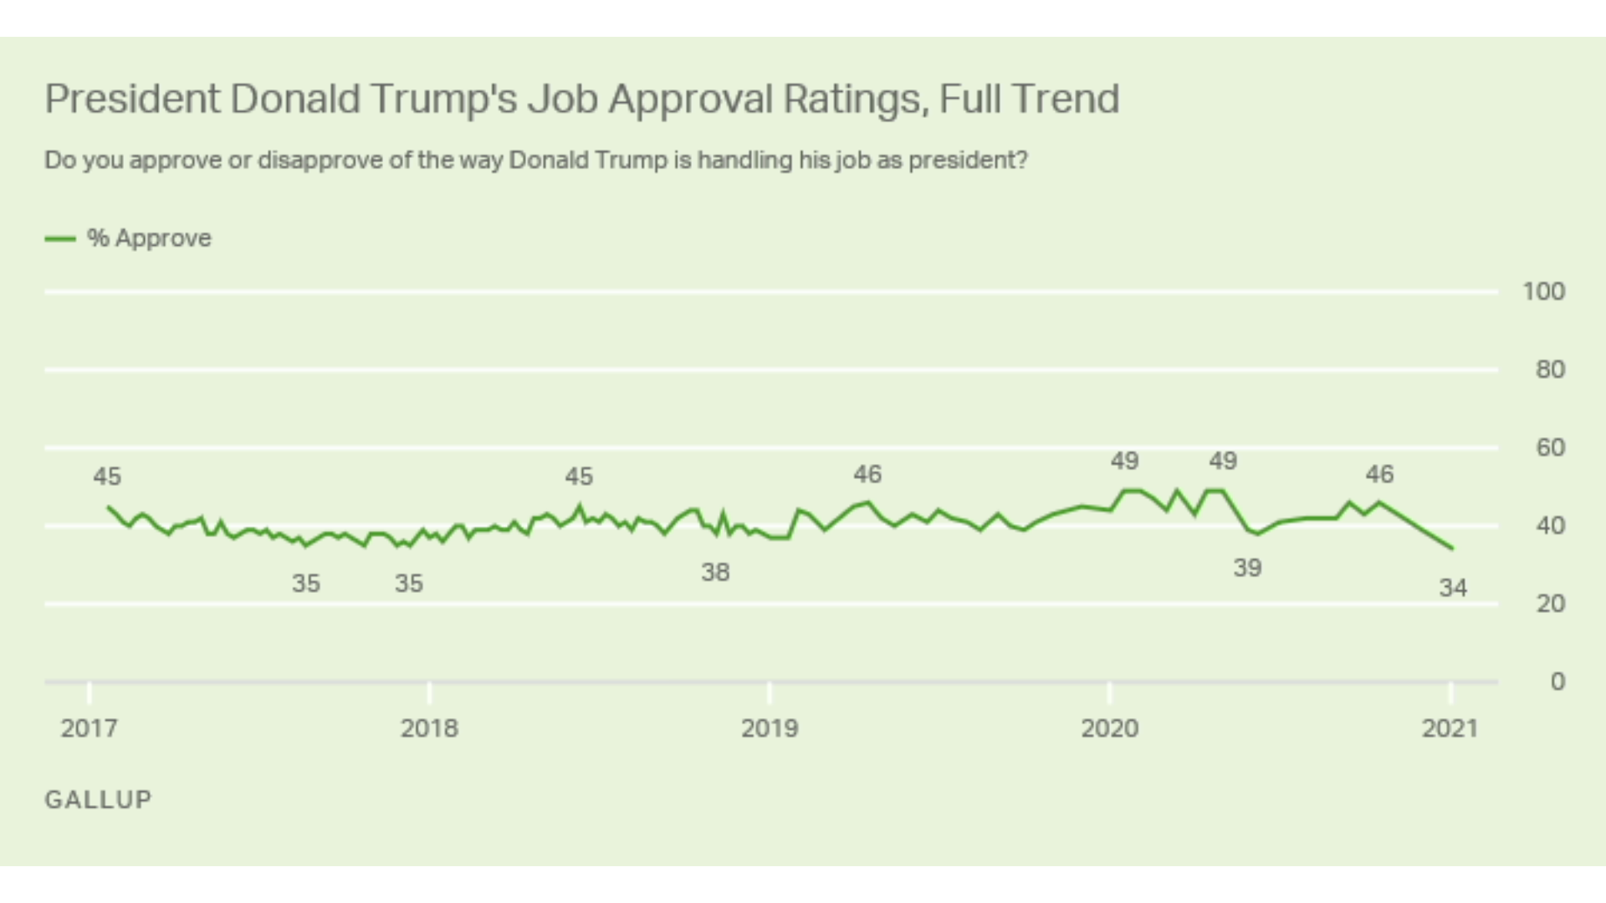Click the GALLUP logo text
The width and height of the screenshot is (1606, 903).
[98, 799]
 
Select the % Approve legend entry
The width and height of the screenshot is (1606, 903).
[129, 238]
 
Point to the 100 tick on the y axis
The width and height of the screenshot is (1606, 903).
[1543, 292]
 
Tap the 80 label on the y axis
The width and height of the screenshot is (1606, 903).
[1550, 370]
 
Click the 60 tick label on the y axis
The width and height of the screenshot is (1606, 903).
[1550, 447]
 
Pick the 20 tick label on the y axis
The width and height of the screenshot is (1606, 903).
[1550, 604]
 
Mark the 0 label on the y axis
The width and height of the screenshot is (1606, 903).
[1557, 681]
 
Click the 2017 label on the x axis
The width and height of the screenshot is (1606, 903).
[89, 728]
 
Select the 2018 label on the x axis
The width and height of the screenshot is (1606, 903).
[429, 728]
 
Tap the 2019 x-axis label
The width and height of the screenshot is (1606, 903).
[770, 728]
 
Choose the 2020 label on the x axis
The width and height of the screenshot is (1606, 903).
[1109, 728]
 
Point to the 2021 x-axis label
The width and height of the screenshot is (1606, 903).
[1450, 728]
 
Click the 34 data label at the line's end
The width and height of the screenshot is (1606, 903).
[1453, 588]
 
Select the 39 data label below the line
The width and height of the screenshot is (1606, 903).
[1247, 569]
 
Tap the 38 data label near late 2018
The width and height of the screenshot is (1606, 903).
[715, 573]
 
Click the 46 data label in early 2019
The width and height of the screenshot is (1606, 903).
[867, 475]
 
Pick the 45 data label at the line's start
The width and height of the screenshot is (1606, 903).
[107, 477]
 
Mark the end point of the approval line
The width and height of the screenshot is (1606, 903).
[1452, 548]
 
